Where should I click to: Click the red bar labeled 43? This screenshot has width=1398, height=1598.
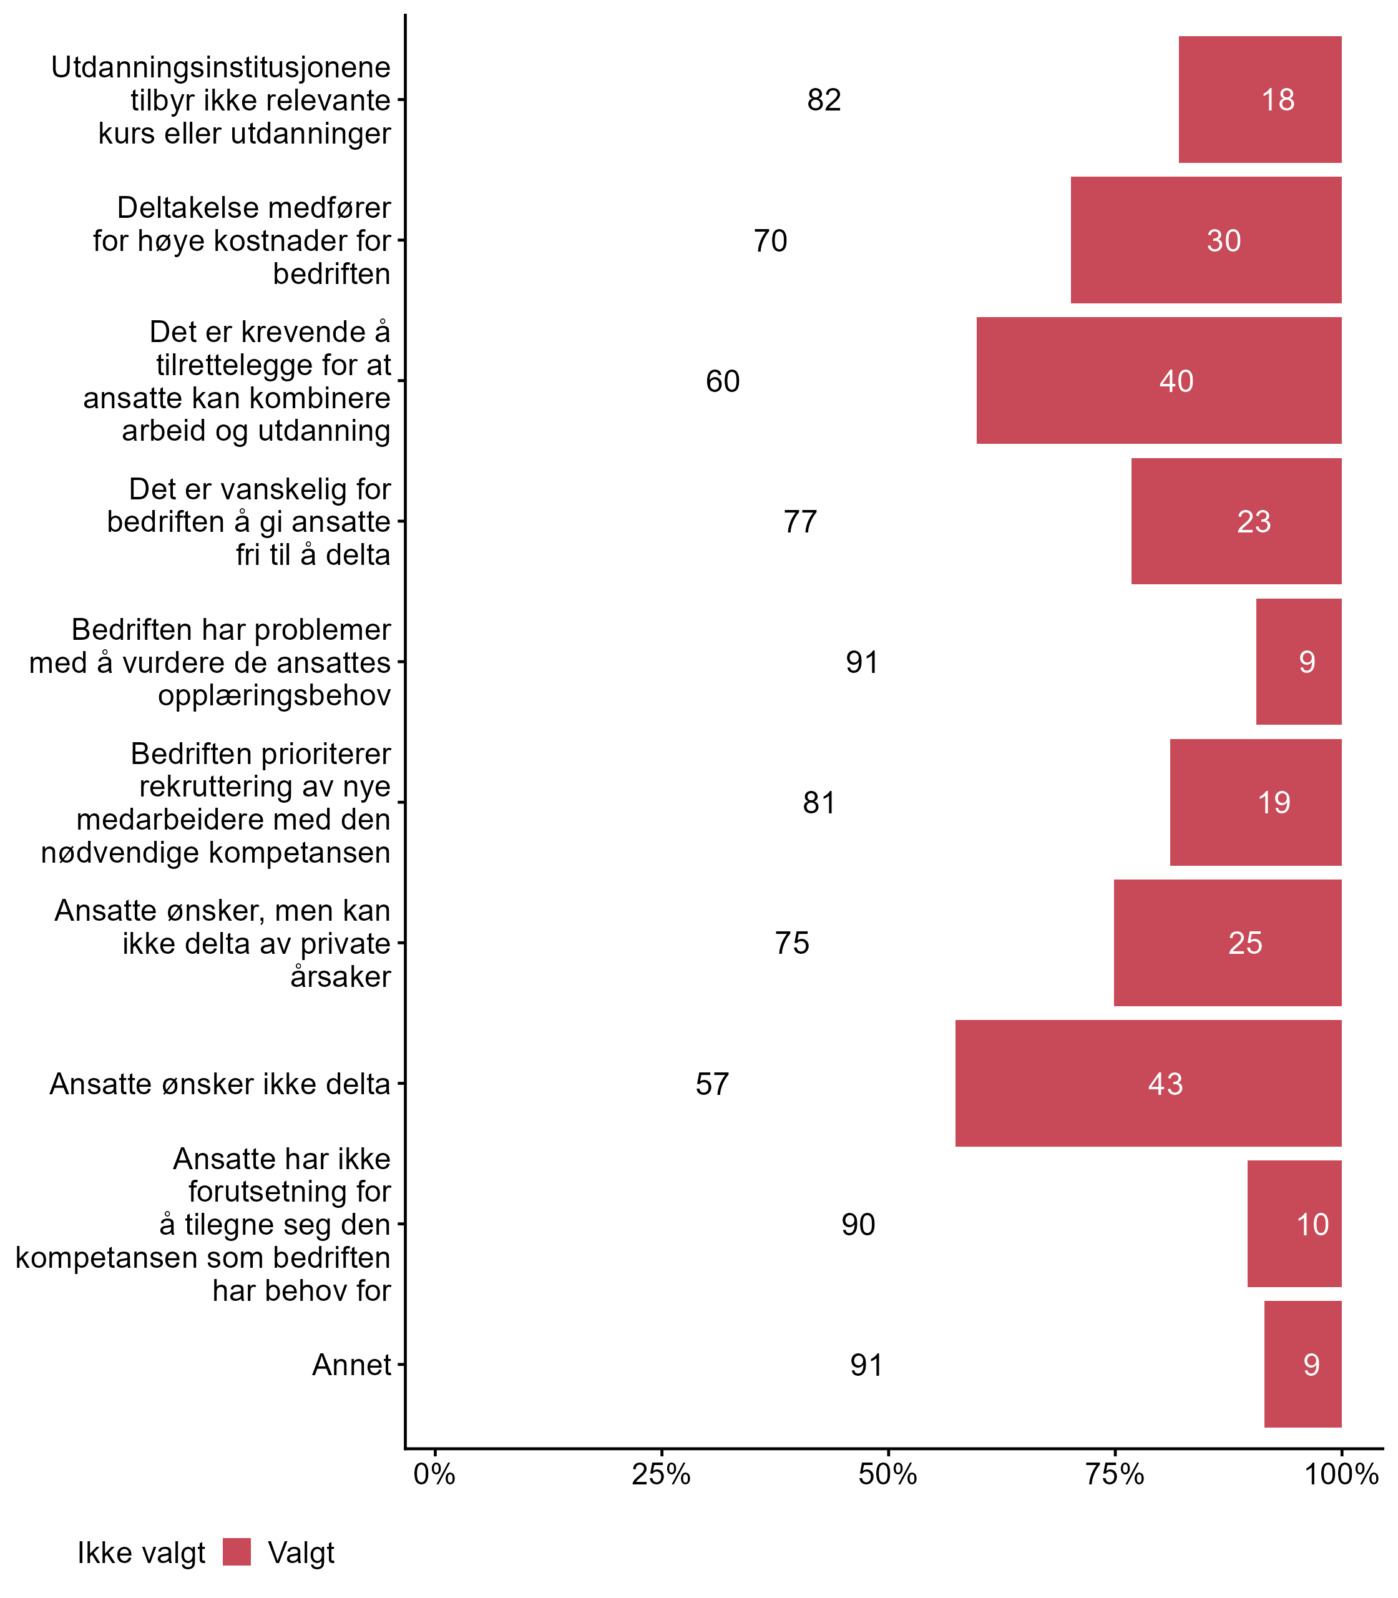coord(1148,1083)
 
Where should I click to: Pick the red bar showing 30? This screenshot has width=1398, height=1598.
coord(1205,240)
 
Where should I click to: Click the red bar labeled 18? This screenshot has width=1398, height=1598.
coord(1259,100)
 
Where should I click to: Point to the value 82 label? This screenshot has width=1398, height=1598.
coord(824,100)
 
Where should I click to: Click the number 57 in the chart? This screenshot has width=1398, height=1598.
coord(712,1084)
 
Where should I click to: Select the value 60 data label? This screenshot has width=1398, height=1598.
coord(723,381)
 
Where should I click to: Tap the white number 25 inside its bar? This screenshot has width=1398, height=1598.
coord(1245,943)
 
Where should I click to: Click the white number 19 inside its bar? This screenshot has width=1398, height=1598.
coord(1274,803)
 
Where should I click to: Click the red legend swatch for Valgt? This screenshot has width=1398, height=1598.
coord(237,1552)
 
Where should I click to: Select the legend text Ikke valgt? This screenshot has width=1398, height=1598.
coord(141,1553)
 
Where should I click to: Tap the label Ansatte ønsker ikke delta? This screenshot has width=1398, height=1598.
coord(220,1084)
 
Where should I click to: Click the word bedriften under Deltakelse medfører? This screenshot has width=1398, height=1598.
coord(331,274)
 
